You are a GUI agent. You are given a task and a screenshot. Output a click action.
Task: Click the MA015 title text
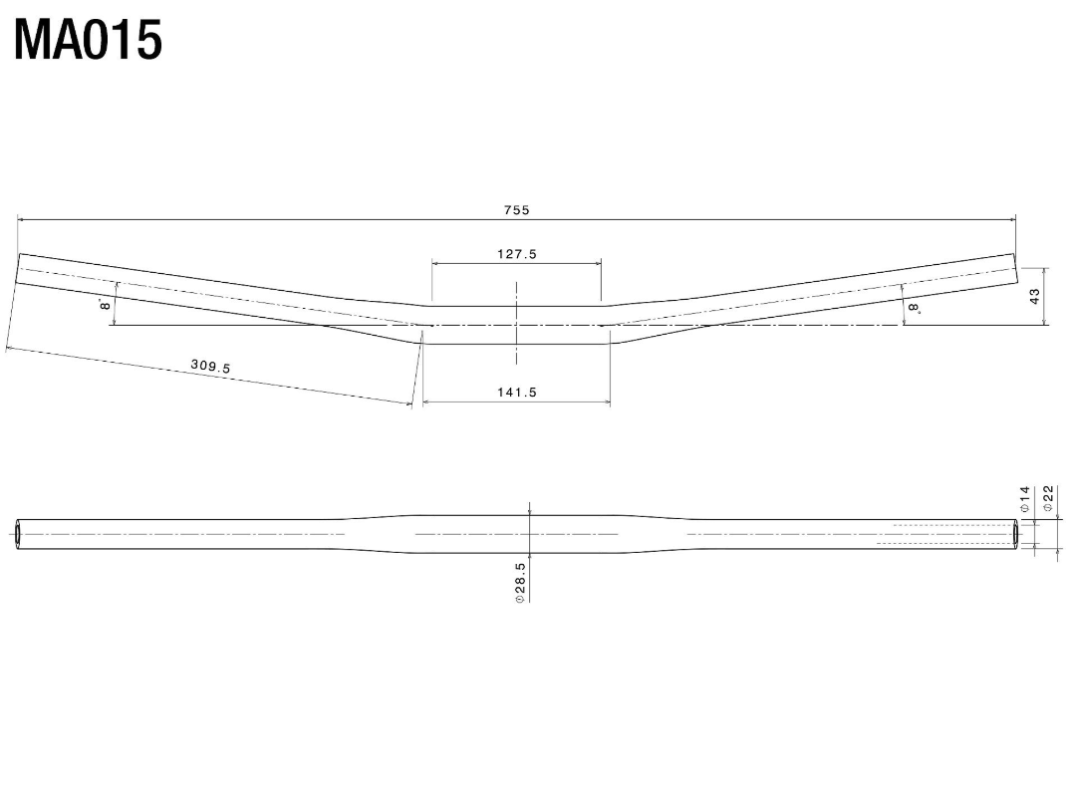coord(89,41)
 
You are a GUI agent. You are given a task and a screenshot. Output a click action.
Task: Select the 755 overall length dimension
coord(516,210)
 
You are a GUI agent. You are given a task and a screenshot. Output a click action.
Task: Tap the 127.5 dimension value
coord(516,254)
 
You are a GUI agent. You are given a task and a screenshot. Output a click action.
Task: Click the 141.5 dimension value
coord(516,393)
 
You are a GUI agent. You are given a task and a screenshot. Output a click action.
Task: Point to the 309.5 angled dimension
coord(210,367)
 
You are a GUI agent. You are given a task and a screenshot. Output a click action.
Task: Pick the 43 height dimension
coord(1034,296)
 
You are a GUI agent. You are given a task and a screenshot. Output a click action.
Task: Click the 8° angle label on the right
coord(914,309)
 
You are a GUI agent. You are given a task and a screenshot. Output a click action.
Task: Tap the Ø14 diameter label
coord(1024,499)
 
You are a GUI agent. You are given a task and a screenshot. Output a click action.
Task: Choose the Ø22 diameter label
coord(1048,499)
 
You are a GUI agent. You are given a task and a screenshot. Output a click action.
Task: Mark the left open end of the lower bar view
coord(19,534)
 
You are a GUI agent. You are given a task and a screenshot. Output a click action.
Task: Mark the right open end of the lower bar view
coord(1016,534)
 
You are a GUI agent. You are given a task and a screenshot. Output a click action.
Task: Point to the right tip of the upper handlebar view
coord(1015,268)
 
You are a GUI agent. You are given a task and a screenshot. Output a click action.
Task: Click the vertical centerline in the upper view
coord(516,324)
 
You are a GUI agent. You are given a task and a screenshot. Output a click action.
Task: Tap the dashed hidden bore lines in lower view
coord(946,534)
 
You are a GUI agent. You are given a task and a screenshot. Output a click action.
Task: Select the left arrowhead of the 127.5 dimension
coord(435,264)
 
